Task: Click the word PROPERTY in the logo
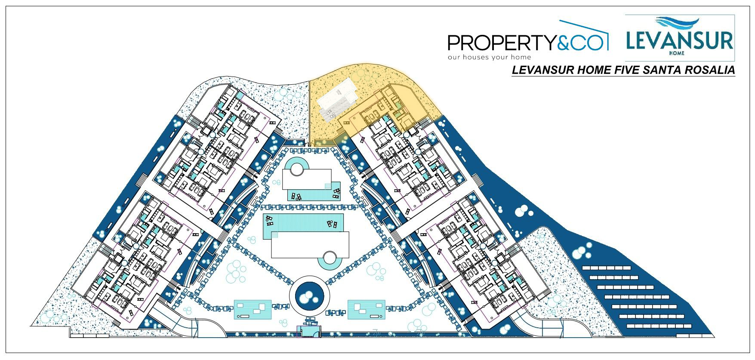[502, 43]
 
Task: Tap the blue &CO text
[582, 43]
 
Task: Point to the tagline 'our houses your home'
[489, 57]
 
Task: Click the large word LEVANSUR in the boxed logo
[679, 41]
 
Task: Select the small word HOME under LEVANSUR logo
[680, 54]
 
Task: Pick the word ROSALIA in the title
[709, 71]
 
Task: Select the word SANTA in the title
[659, 71]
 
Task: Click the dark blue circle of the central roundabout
[309, 295]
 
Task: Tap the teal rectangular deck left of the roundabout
[253, 309]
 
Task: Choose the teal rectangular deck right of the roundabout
[366, 309]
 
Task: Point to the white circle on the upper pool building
[297, 168]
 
